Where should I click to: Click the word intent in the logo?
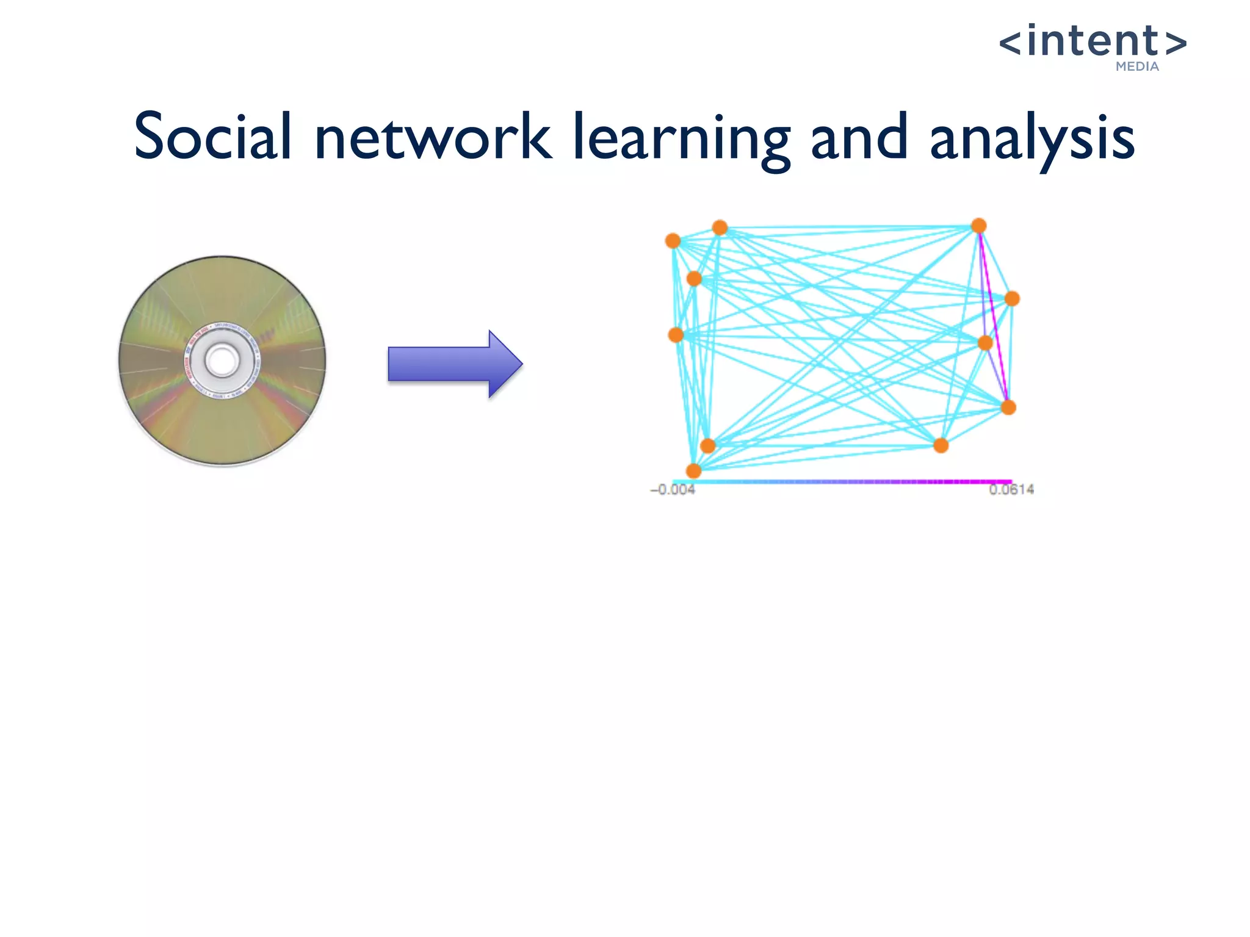(1093, 41)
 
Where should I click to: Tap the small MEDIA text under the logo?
(1137, 66)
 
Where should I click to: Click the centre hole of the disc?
(222, 361)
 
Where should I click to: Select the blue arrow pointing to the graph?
(455, 364)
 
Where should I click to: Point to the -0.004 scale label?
(673, 490)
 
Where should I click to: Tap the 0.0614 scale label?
(1011, 489)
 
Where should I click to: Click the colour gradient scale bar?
(842, 481)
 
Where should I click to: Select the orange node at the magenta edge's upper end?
(979, 226)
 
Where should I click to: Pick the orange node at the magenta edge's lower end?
(1008, 407)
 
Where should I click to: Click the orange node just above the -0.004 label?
(693, 470)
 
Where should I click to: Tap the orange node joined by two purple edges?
(985, 343)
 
